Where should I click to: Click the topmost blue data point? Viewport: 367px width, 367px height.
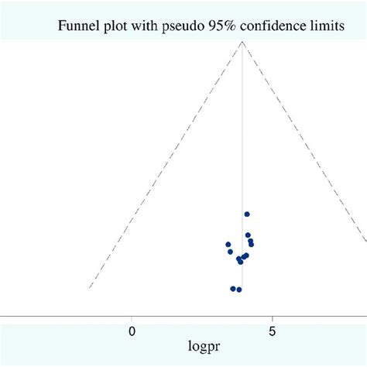point(247,214)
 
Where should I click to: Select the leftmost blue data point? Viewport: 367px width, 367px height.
point(228,245)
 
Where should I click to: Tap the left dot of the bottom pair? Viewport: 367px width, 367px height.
point(232,289)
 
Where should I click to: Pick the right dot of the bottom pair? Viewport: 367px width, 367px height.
point(239,290)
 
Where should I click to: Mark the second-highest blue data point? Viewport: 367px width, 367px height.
point(248,235)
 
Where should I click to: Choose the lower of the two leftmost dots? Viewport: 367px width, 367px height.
point(230,252)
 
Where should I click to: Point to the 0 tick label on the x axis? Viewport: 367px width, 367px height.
point(132,331)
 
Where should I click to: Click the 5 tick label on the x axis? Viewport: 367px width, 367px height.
point(273,331)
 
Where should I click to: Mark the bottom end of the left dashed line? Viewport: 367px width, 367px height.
point(91,287)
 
